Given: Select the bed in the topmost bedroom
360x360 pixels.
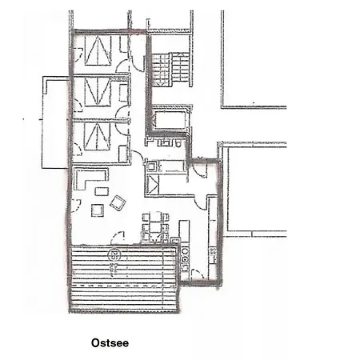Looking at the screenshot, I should click(x=97, y=53).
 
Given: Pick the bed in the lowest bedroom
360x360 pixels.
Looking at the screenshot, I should click(x=97, y=136).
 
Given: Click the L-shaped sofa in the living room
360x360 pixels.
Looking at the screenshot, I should click(x=85, y=177).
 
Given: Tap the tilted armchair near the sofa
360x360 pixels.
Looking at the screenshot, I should click(x=118, y=202).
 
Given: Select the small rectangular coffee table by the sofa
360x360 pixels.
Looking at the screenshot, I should click(x=102, y=191).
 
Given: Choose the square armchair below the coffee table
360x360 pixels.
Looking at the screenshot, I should click(x=97, y=210).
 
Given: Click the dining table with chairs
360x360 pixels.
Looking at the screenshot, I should click(x=155, y=226).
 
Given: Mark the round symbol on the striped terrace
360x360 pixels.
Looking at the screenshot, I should click(x=114, y=255).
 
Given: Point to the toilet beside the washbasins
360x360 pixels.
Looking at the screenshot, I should click(x=180, y=144).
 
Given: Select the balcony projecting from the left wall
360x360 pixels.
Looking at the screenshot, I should click(x=54, y=124).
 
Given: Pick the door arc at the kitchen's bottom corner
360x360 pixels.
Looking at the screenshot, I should click(x=197, y=274).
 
